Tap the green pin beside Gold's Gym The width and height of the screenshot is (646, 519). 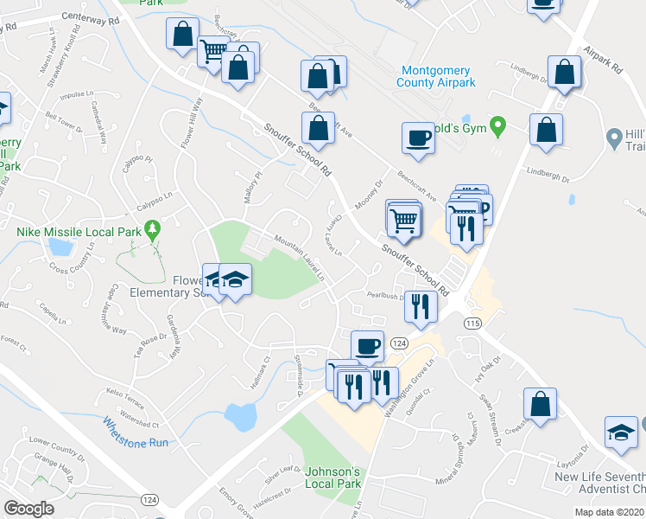[497, 126]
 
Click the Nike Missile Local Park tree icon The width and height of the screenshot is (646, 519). [153, 229]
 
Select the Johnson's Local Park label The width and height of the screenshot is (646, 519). [332, 477]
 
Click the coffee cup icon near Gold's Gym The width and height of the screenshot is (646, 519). [418, 139]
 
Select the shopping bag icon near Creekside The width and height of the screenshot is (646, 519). [540, 404]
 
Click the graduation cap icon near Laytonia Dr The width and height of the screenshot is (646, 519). [621, 432]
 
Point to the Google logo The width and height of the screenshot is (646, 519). [28, 509]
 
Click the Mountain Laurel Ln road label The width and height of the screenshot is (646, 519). [299, 259]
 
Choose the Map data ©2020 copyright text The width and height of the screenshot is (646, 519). [609, 512]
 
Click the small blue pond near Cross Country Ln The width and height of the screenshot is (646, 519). [60, 248]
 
